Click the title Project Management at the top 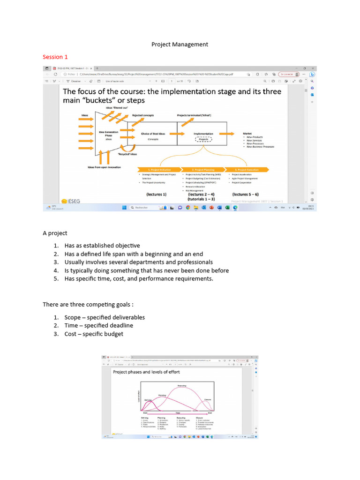click(180, 45)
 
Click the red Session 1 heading click(55, 57)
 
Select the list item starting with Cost click(94, 334)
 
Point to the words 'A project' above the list click(55, 233)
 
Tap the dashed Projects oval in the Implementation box click(203, 139)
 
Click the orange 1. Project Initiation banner click(158, 169)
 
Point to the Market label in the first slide click(247, 134)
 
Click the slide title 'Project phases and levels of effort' click(146, 372)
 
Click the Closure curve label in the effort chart click(207, 399)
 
